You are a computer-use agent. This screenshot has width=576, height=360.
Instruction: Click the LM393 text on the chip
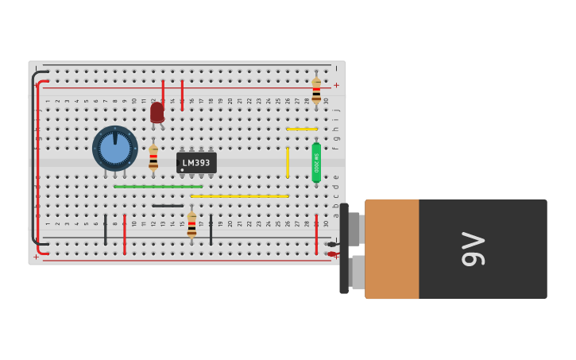coord(196,163)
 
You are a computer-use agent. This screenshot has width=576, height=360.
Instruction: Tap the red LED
coord(157,112)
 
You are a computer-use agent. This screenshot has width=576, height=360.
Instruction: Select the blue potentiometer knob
coord(115,149)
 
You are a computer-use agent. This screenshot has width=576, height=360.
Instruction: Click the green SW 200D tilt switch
coord(316,162)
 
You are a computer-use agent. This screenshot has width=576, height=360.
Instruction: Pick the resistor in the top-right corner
coord(316,90)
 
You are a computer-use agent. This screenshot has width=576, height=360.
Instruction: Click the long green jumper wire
coord(157,187)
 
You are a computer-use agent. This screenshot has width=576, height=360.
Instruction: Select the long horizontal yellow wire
coord(239,195)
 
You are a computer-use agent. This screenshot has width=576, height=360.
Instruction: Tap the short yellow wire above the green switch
coord(301,129)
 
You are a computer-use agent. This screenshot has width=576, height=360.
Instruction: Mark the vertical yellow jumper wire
coord(288,162)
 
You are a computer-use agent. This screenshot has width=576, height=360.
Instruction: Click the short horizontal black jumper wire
coord(168,206)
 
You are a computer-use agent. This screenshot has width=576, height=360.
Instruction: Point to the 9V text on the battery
coord(474,249)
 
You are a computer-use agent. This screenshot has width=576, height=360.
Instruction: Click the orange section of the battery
coord(392,249)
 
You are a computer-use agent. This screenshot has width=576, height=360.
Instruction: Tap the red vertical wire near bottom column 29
coord(316,234)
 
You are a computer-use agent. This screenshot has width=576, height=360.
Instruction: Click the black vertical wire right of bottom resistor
coord(211,230)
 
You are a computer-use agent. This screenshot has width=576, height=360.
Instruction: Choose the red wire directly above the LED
coord(163,91)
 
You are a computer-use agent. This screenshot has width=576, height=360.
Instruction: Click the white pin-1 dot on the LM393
coord(182,170)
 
